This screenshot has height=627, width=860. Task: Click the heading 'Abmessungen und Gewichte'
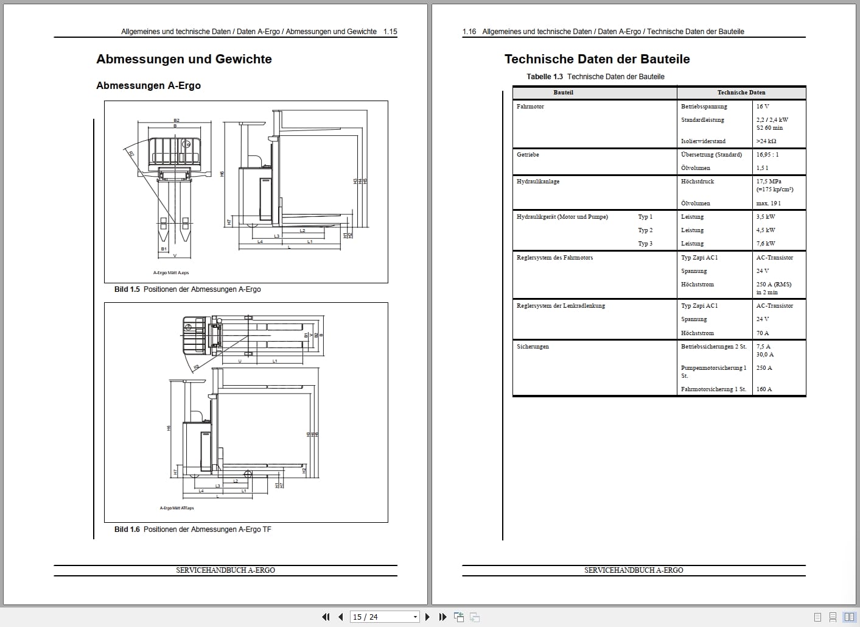point(184,59)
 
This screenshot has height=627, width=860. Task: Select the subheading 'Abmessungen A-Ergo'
point(149,85)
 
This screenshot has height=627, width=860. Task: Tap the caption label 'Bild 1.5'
point(127,289)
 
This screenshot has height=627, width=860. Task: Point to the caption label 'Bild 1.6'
point(127,530)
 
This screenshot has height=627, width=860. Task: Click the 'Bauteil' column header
point(563,93)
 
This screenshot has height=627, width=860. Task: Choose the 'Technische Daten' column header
point(741,93)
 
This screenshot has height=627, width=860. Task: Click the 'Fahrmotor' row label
point(530,107)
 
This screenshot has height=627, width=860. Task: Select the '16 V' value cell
point(763,107)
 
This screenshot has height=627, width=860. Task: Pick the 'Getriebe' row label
point(528,155)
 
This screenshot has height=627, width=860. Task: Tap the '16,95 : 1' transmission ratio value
point(767,155)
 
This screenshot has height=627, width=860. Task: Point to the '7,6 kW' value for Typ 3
point(766,244)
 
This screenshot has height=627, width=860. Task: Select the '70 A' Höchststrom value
point(763,333)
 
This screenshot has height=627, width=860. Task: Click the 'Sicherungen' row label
point(533,347)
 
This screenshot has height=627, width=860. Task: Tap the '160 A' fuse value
point(764,389)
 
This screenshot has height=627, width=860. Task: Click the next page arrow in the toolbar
point(427,617)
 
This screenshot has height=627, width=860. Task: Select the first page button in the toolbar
point(326,617)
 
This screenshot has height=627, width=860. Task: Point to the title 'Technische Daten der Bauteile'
point(597,59)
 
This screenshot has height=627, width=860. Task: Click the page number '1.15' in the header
point(390,32)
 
